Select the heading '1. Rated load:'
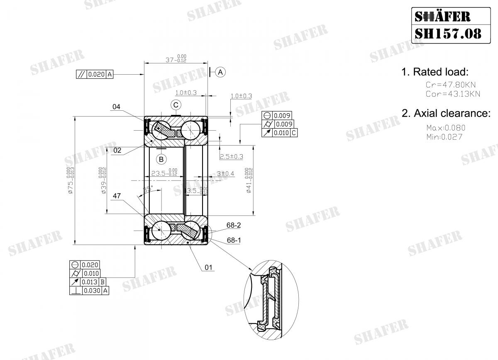[x=435, y=72]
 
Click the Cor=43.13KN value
[x=453, y=94]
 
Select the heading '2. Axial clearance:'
[x=446, y=113]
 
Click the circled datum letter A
[x=221, y=72]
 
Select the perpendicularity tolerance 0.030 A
[x=90, y=291]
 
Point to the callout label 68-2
[x=233, y=225]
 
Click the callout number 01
[x=209, y=268]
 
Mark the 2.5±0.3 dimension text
[x=231, y=156]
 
